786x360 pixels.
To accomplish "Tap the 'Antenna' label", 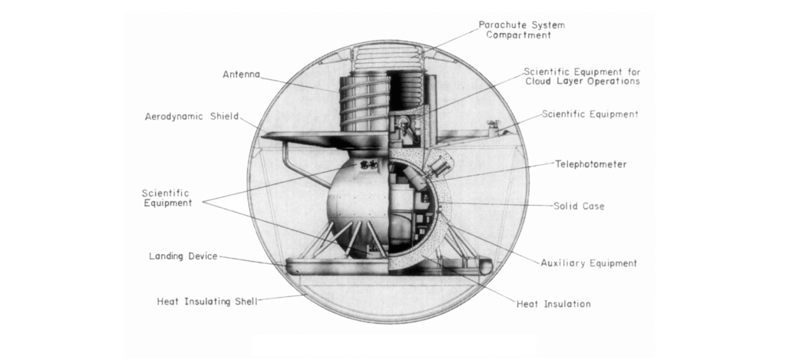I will coord(241,74).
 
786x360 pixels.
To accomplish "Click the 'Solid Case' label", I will coord(581,206).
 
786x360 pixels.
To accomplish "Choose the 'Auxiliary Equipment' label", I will coord(588,263).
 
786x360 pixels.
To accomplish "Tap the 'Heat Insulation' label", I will coord(553,304).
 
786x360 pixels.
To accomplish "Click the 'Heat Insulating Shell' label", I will coord(206,301).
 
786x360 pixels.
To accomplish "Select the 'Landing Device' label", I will coord(183,256).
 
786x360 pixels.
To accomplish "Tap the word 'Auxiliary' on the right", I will coord(562,263).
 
